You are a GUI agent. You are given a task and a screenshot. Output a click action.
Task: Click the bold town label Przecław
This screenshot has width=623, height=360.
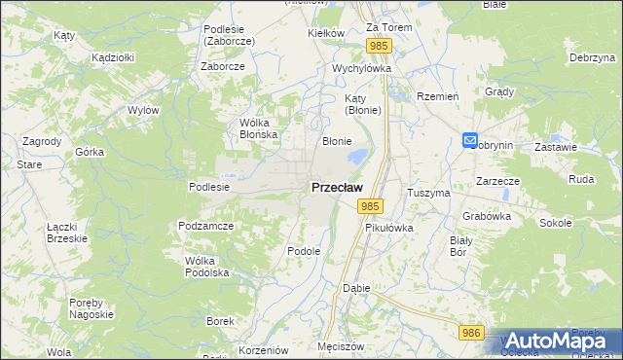point(337,187)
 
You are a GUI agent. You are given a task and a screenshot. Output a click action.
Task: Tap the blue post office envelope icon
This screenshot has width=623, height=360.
point(470,142)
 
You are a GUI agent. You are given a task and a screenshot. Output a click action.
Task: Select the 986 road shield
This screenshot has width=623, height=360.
point(472,333)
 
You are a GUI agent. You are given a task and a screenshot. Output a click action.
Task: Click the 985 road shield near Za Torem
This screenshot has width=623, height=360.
point(380,46)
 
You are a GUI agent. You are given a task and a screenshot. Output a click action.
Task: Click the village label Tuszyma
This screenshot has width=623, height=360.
point(429,193)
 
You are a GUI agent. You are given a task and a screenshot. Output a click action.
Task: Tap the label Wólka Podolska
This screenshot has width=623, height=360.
point(206,267)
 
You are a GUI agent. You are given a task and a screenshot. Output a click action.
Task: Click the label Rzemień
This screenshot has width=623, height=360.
point(437,96)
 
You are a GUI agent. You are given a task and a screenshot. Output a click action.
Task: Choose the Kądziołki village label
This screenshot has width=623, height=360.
point(112,57)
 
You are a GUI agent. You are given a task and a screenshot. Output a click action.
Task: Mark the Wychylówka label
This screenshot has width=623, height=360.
point(361,69)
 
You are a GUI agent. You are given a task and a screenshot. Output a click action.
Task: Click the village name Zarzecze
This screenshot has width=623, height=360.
point(497,181)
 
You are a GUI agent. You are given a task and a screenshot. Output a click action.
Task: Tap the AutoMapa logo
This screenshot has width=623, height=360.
point(559,341)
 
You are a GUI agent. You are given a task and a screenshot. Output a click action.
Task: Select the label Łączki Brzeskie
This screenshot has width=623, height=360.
point(67,232)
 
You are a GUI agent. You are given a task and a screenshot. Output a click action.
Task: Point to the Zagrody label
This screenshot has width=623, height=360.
point(42,141)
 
